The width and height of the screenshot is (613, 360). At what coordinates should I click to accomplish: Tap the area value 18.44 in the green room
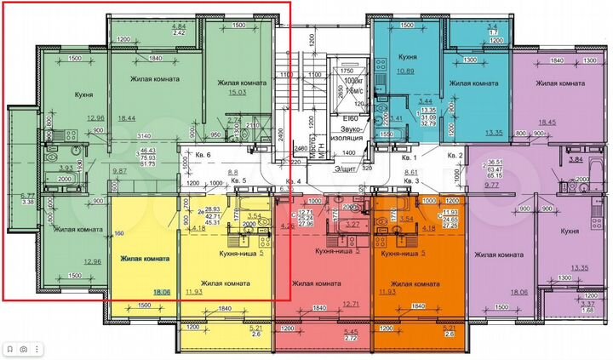tap(127, 118)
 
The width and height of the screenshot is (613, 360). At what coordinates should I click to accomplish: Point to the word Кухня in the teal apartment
tap(406, 58)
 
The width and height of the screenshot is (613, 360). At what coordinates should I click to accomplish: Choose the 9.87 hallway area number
tap(119, 172)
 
